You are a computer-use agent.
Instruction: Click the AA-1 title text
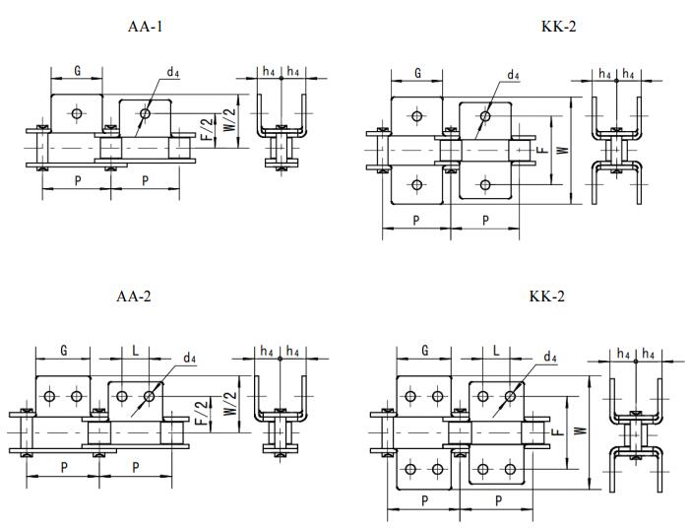(x=146, y=27)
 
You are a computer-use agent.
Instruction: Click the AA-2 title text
(x=134, y=297)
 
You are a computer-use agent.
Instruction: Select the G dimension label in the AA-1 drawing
(x=78, y=72)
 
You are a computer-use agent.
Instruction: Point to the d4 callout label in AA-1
(x=173, y=72)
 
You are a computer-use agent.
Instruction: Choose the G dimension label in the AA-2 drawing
(x=64, y=351)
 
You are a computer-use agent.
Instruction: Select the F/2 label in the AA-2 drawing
(x=201, y=410)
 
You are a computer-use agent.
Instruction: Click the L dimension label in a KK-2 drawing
(x=496, y=351)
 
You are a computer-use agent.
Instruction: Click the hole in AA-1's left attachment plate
(x=78, y=114)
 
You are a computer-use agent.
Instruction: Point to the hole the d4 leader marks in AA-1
(x=145, y=115)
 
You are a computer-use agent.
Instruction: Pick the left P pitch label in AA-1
(x=78, y=180)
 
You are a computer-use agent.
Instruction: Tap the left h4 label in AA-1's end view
(x=269, y=72)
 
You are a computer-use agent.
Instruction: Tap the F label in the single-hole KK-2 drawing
(x=541, y=150)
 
